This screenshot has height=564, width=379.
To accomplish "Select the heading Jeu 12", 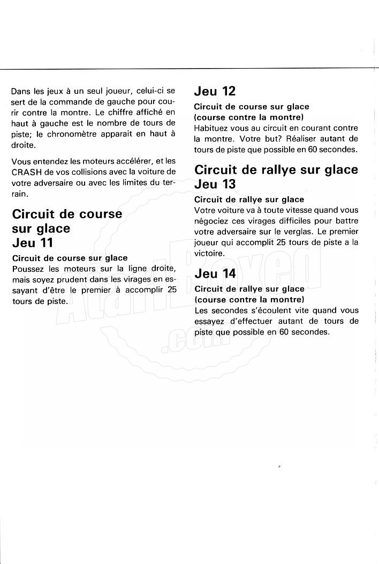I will pyautogui.click(x=215, y=92).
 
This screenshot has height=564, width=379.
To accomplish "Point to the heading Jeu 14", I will pyautogui.click(x=215, y=274).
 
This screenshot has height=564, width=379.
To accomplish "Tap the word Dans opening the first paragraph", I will pyautogui.click(x=20, y=91).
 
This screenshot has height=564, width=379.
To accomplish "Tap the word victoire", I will pyautogui.click(x=209, y=253).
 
